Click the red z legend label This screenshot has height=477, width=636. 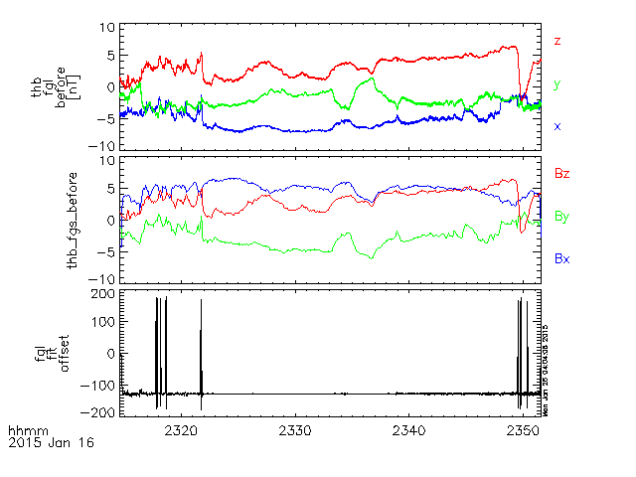point(557,42)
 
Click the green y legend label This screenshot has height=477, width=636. point(557,85)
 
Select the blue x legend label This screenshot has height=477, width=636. point(557,126)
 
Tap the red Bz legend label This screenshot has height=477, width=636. point(561,174)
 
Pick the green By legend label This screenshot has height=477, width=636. point(561,216)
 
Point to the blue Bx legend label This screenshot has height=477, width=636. point(561,258)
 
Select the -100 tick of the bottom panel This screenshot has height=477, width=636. point(97,383)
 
